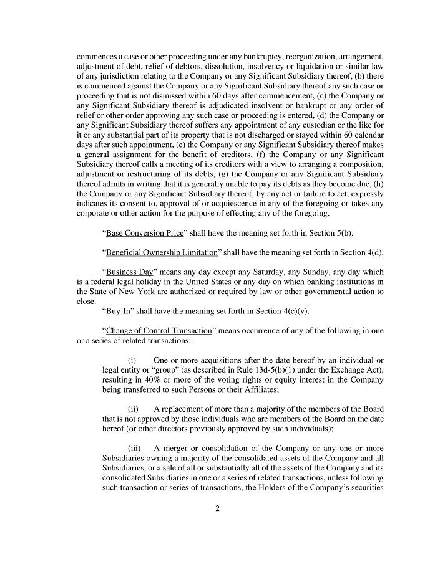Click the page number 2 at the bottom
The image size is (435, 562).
[217, 508]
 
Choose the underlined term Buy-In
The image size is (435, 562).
[117, 311]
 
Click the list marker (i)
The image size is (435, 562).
[132, 360]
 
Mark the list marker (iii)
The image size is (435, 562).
[134, 448]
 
